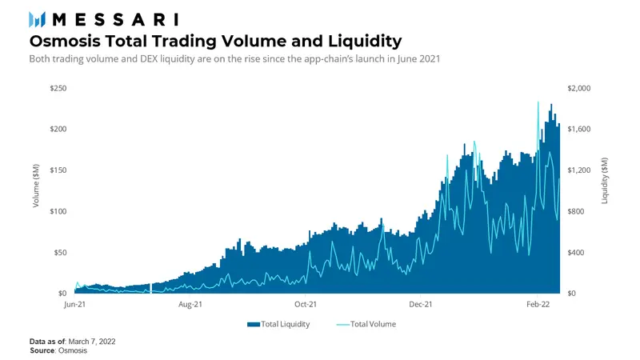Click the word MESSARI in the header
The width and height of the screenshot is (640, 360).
(116, 19)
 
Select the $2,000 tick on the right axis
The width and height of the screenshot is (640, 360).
(578, 88)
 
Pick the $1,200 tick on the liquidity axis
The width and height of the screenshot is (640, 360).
(578, 170)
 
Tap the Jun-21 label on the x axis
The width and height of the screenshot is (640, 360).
(74, 305)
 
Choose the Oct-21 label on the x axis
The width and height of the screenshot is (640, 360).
(306, 305)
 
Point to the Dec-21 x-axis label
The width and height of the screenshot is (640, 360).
(421, 305)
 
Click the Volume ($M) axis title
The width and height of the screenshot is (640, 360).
(36, 190)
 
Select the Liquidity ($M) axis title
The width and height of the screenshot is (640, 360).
(605, 190)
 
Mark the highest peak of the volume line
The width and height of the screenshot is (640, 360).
(538, 102)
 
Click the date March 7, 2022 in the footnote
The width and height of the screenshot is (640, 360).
(93, 342)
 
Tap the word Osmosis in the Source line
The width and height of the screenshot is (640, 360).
(71, 350)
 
